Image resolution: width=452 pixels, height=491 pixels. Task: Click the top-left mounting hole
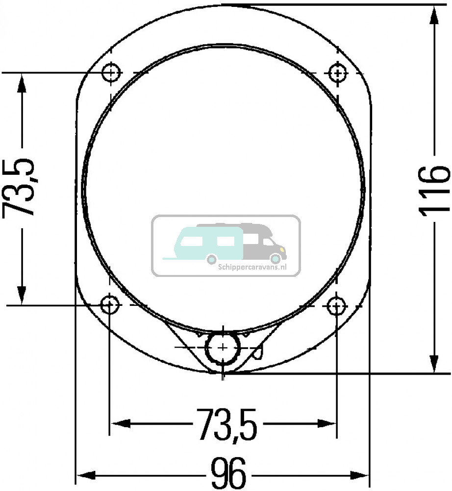pyautogui.click(x=112, y=73)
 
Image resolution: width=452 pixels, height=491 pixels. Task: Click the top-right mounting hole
pyautogui.click(x=337, y=73)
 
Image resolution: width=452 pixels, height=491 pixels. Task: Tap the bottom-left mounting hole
pyautogui.click(x=110, y=305)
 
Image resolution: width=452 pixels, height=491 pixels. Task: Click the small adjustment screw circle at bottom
pyautogui.click(x=223, y=348)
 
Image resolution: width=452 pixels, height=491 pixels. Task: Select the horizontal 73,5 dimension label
pyautogui.click(x=227, y=424)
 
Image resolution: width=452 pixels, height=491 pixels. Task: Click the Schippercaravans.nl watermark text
pyautogui.click(x=251, y=268)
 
